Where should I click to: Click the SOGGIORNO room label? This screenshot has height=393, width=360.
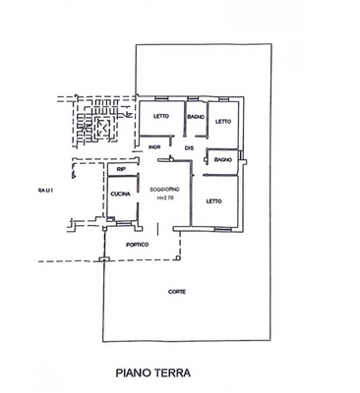[x=163, y=189]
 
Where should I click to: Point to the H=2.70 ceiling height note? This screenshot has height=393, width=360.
[x=163, y=199]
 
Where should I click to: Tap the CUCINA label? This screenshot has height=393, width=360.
[x=121, y=195]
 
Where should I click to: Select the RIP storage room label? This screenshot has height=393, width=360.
[x=121, y=171]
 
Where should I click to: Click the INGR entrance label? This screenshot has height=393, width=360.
[x=153, y=148]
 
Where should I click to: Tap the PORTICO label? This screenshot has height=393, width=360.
[x=138, y=244]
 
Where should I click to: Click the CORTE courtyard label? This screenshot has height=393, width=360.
[x=176, y=292]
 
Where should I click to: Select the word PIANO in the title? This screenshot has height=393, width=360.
[x=136, y=373]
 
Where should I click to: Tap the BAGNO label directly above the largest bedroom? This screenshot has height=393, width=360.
[x=222, y=159]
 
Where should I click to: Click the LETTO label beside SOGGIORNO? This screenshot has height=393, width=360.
[x=213, y=202]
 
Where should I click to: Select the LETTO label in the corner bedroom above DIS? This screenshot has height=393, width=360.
[x=222, y=122]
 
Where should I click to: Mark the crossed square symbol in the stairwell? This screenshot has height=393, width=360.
[x=99, y=129]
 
